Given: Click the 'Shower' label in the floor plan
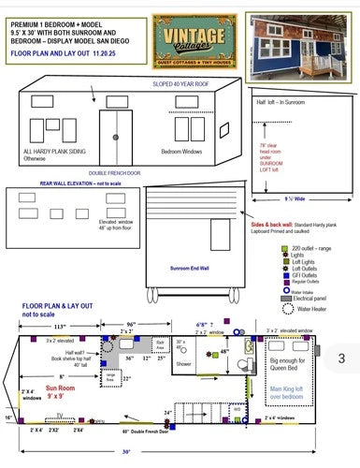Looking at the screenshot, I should point(183,364).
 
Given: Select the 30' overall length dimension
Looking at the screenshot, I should point(125,450).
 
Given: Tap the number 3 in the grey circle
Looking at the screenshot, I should point(341,358).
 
